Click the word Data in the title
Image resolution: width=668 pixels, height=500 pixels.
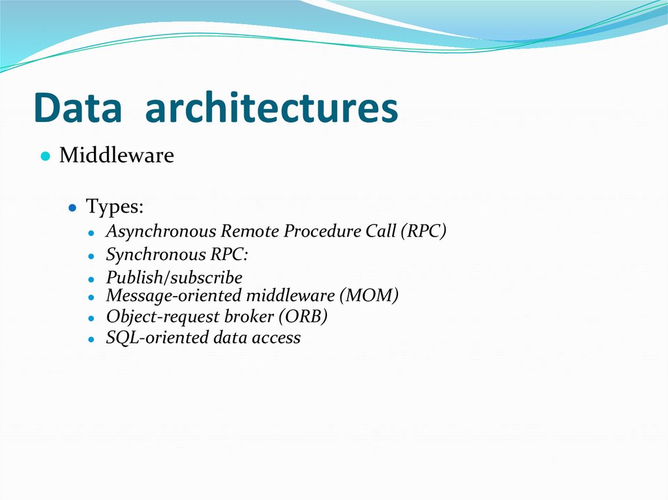(x=78, y=108)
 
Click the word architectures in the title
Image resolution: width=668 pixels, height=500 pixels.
(x=271, y=108)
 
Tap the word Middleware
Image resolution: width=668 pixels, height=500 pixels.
(x=117, y=156)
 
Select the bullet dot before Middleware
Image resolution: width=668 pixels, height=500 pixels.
(x=45, y=157)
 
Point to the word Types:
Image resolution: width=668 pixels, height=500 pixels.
(x=115, y=207)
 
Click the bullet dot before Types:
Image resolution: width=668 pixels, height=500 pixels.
(x=74, y=208)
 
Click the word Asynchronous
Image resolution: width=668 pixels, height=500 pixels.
(x=161, y=231)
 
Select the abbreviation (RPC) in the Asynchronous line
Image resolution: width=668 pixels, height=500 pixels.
(x=423, y=231)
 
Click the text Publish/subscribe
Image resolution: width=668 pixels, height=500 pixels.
(x=174, y=278)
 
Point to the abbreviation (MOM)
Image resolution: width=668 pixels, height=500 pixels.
(x=369, y=295)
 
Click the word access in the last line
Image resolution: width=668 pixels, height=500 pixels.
(x=278, y=338)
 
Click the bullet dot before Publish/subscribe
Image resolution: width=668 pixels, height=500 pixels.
(x=93, y=279)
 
